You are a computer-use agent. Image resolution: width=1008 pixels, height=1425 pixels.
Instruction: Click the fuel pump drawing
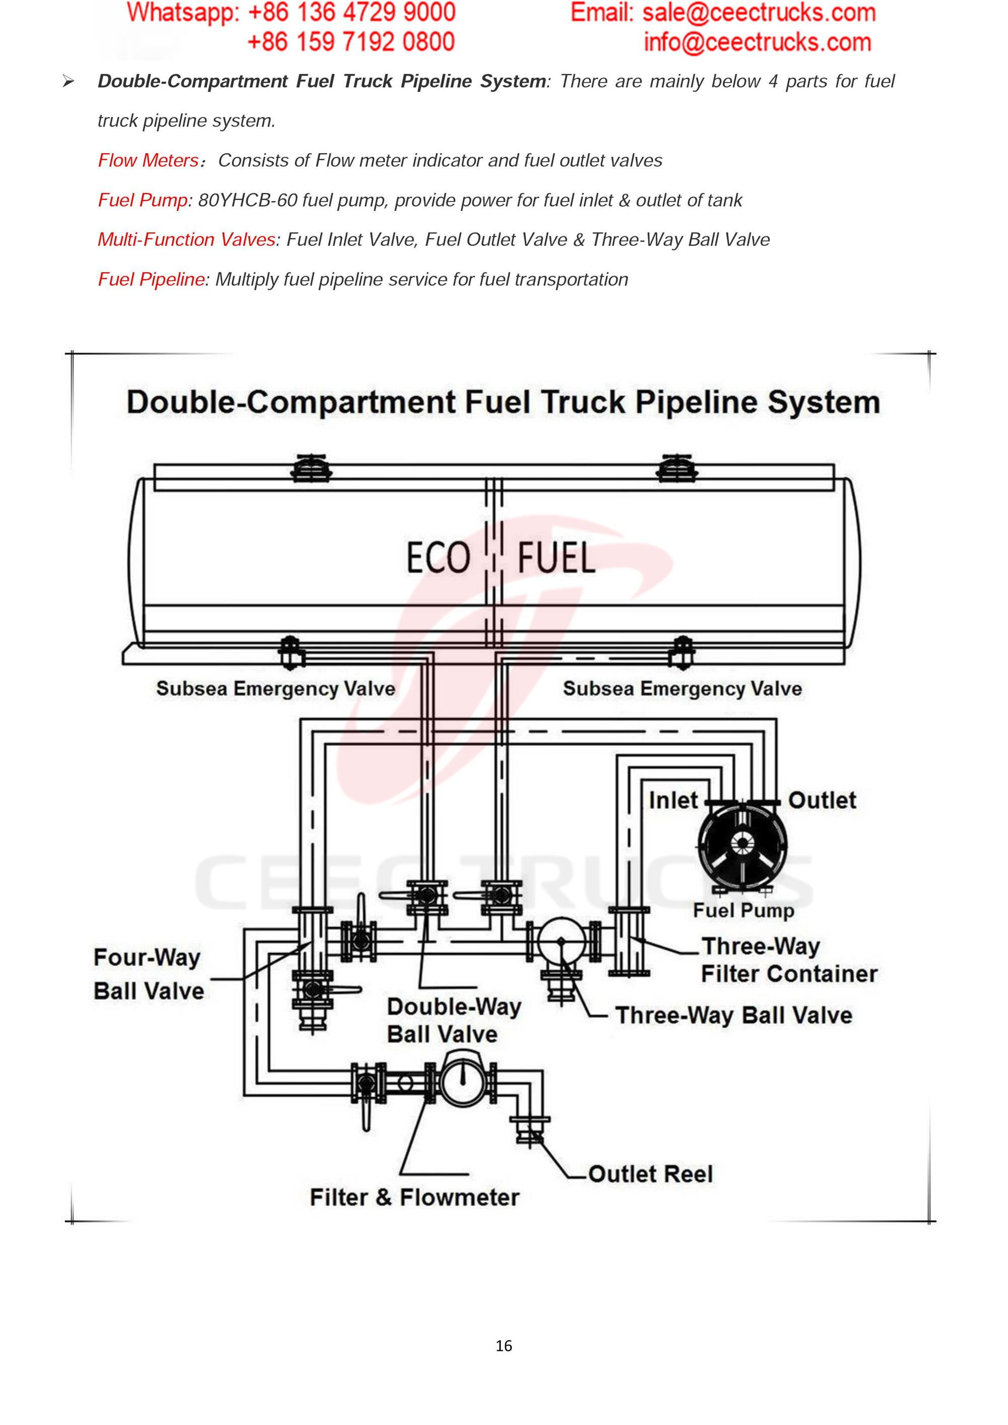pos(742,846)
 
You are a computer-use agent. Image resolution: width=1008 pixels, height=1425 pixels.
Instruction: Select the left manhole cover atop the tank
pos(311,469)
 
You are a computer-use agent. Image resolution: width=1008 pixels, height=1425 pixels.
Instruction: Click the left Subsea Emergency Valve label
pos(276,689)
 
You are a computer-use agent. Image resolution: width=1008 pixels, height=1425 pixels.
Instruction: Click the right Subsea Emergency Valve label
pos(682,689)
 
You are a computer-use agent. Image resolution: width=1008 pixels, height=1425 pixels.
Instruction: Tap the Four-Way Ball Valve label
pos(148,974)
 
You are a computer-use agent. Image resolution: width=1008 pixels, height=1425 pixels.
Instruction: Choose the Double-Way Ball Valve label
pos(454,1020)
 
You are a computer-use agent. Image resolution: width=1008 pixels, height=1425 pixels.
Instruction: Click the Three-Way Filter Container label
pos(788,960)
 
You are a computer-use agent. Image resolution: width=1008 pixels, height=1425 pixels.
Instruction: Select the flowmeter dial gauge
pos(462,1081)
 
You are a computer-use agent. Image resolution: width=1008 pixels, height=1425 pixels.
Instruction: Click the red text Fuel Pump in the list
pos(143,201)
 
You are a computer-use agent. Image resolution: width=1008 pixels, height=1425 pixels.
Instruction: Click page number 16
pos(504,1345)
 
